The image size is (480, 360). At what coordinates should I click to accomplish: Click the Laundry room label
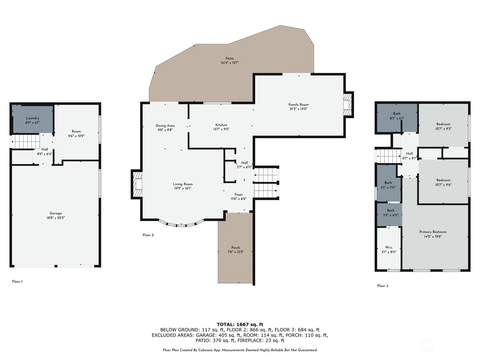(33, 118)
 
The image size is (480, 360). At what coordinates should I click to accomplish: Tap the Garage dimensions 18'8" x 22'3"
(56, 218)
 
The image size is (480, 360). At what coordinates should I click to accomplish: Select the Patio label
(229, 58)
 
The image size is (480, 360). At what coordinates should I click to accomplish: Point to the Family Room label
(298, 105)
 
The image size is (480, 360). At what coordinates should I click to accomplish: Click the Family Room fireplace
(348, 105)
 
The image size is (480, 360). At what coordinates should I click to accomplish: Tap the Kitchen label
(221, 125)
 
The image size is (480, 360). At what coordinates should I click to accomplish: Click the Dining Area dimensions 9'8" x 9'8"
(165, 130)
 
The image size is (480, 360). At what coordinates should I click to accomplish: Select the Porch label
(235, 248)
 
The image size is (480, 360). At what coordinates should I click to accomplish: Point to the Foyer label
(238, 194)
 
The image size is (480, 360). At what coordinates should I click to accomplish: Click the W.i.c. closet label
(389, 247)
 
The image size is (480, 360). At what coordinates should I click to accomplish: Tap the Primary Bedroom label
(433, 232)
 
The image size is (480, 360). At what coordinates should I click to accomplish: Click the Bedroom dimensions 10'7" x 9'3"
(443, 129)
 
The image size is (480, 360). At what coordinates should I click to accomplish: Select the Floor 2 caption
(148, 235)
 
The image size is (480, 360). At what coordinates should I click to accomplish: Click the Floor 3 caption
(383, 286)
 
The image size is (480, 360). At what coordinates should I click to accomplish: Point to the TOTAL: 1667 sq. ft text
(240, 325)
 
